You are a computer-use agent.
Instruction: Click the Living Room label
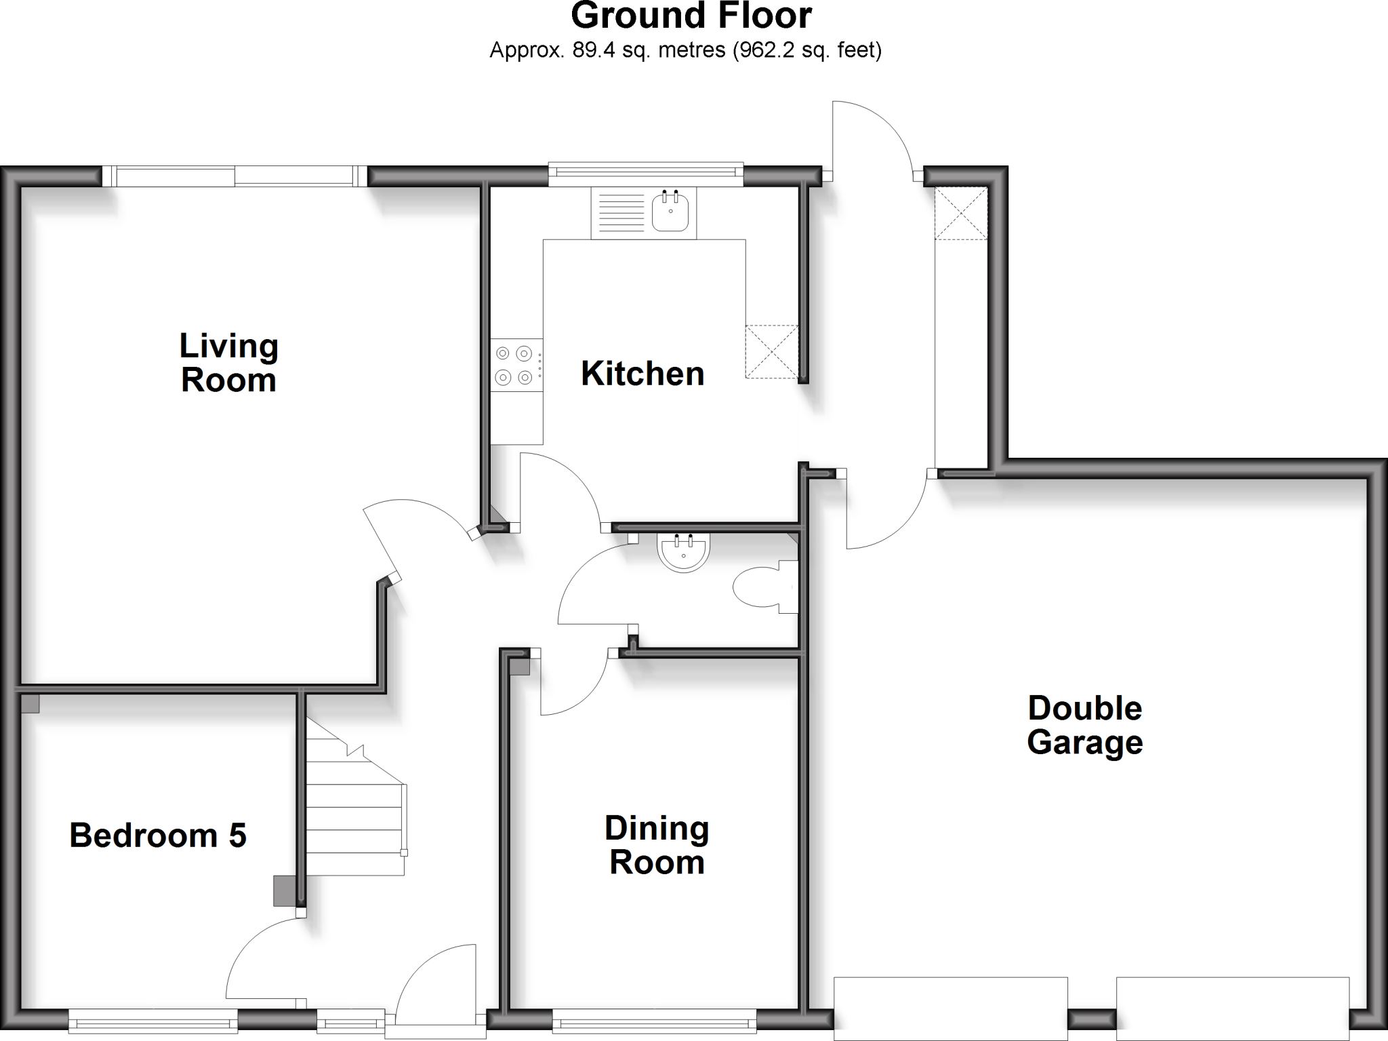point(228,364)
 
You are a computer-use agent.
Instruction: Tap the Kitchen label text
point(642,374)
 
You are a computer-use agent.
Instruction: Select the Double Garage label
point(1085,725)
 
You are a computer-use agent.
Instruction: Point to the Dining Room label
point(657,845)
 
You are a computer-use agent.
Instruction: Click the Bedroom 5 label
point(158,836)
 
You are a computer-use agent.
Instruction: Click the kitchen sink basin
point(670,212)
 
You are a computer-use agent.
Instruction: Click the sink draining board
point(618,213)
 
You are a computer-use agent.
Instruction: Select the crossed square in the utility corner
point(961,213)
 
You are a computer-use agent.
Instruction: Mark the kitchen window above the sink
point(645,174)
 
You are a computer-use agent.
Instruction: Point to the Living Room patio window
point(234,176)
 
